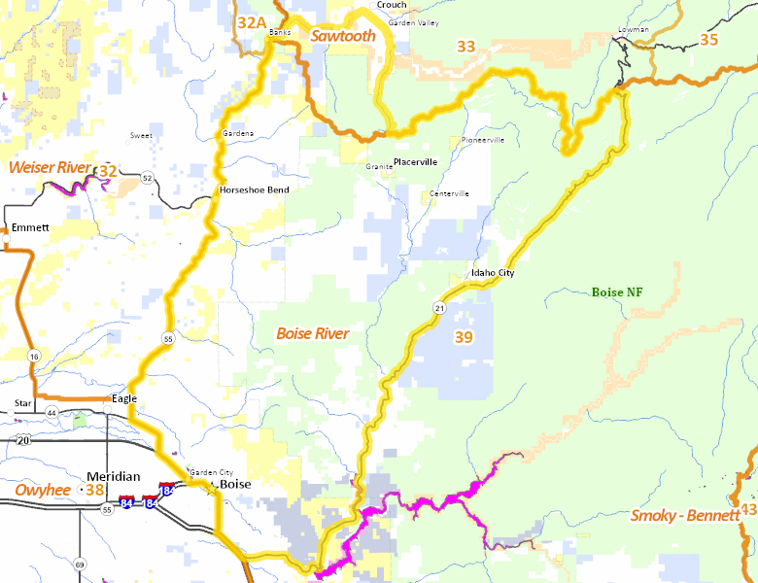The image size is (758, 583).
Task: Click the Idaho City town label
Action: click(x=492, y=274)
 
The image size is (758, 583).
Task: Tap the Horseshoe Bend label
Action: click(x=254, y=189)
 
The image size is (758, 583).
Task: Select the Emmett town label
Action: click(x=30, y=228)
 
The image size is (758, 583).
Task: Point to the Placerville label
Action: click(x=415, y=162)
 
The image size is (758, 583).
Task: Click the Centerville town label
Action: click(x=449, y=193)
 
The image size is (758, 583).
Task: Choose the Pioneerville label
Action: click(x=482, y=140)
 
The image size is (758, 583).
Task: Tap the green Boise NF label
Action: click(x=617, y=291)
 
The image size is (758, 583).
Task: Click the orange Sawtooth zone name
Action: click(x=343, y=36)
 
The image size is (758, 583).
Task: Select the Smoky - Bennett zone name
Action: click(x=684, y=515)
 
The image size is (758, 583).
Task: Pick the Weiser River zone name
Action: click(x=49, y=168)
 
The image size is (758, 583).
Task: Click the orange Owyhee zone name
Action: click(x=42, y=490)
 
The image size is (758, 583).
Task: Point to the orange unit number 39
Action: click(x=464, y=338)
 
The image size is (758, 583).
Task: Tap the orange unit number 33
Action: click(x=466, y=46)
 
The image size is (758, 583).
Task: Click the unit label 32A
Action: click(x=252, y=21)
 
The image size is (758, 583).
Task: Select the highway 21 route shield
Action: click(x=439, y=308)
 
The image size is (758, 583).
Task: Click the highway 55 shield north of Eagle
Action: click(x=168, y=339)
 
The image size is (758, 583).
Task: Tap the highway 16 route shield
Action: click(x=35, y=357)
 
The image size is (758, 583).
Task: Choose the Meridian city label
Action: click(x=115, y=477)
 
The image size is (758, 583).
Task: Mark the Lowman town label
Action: click(x=633, y=30)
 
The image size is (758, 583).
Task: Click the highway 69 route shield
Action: click(x=80, y=565)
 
